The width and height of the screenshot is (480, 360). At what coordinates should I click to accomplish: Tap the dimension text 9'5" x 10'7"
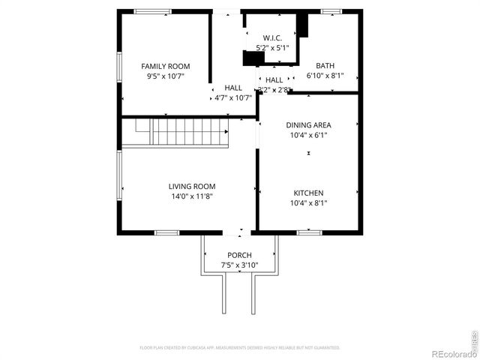tap(166, 76)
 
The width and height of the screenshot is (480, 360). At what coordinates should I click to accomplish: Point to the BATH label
tap(325, 65)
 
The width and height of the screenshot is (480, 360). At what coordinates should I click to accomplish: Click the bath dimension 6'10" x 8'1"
tap(325, 76)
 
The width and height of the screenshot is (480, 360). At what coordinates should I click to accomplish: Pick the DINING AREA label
tap(308, 125)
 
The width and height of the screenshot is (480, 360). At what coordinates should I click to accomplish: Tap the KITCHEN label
tap(308, 193)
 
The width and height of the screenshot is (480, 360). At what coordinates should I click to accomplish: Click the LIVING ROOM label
tap(191, 186)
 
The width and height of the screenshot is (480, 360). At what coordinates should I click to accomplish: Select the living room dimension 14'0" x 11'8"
tap(191, 196)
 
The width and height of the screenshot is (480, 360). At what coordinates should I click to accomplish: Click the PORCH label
tap(239, 255)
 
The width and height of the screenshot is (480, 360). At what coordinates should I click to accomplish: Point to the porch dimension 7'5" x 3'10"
tap(239, 265)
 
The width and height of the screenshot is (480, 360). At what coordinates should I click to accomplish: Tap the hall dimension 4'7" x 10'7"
tap(233, 97)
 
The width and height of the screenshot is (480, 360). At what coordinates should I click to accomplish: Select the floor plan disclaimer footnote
tap(239, 348)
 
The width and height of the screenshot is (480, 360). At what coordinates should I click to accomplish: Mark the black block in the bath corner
tap(302, 25)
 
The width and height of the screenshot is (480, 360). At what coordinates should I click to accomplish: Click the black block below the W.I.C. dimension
tap(254, 59)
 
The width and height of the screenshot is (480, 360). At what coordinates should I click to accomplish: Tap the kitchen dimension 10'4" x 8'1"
tap(308, 203)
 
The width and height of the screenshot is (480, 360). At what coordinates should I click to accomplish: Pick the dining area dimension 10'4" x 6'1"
tap(308, 136)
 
